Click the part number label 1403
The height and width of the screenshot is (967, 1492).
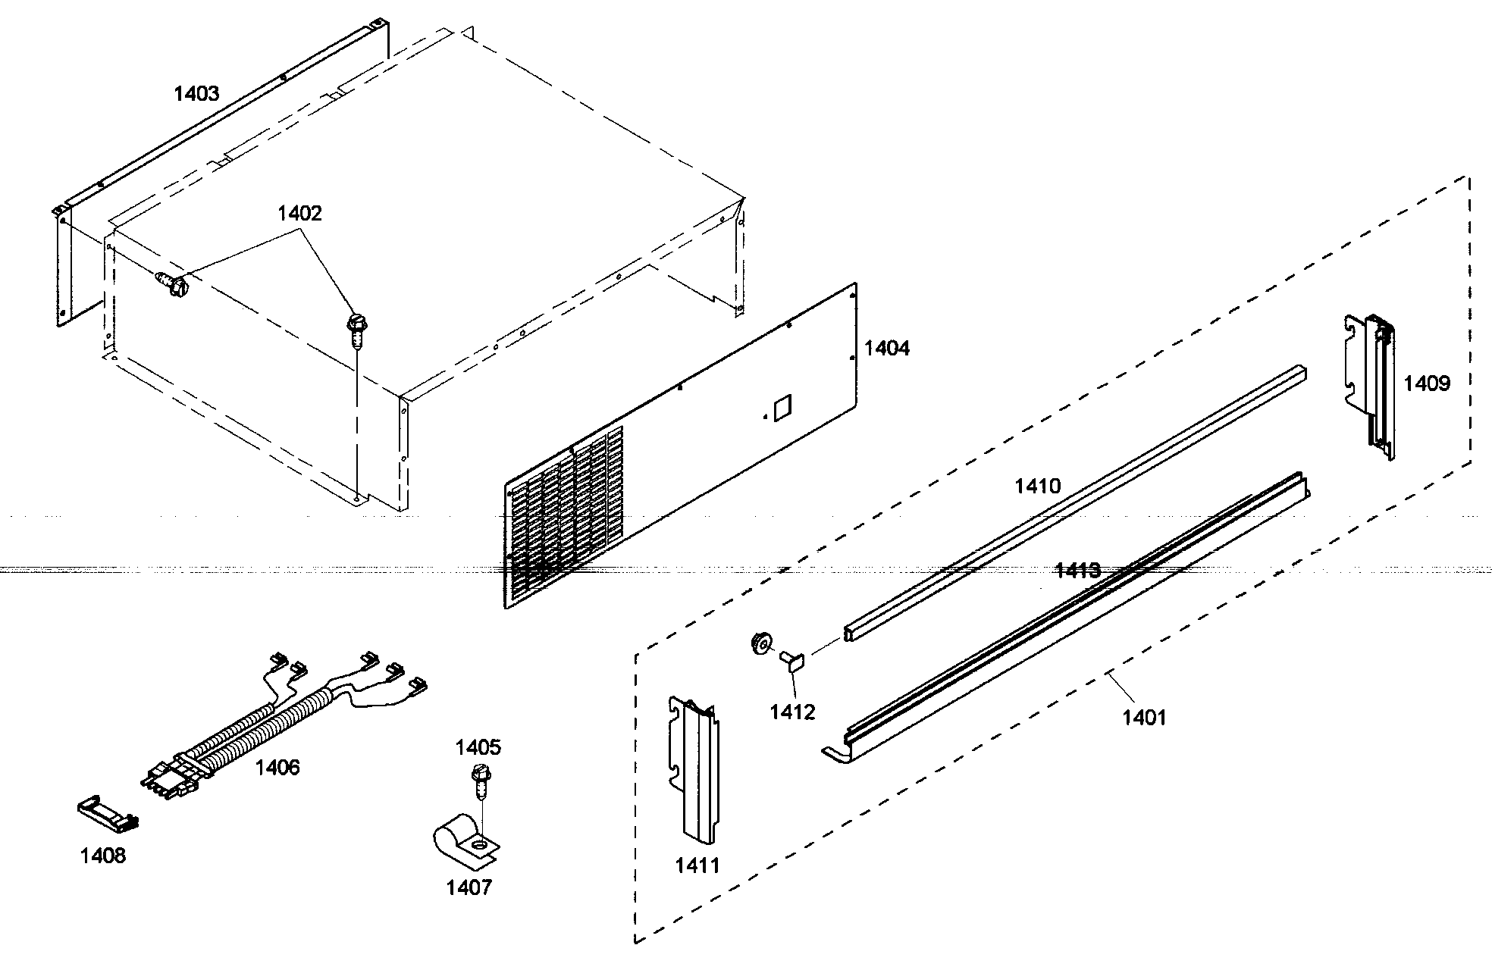coord(196,94)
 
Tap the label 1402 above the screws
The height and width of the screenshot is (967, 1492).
coord(299,214)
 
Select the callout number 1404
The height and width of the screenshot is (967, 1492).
coord(887,349)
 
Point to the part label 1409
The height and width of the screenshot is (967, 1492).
coord(1426,383)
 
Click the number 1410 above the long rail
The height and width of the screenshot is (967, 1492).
coord(1038,486)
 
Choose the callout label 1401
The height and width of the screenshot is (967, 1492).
coord(1144,717)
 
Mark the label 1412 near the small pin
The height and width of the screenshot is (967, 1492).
coord(792,712)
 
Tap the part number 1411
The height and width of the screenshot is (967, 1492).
coord(697,865)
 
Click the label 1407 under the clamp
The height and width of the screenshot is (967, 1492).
coord(469,887)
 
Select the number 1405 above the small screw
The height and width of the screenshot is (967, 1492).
coord(478,748)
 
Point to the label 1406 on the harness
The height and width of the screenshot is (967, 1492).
coord(277,768)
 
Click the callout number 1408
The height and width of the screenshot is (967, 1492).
coord(103,856)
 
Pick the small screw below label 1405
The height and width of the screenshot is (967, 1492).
coord(478,781)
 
